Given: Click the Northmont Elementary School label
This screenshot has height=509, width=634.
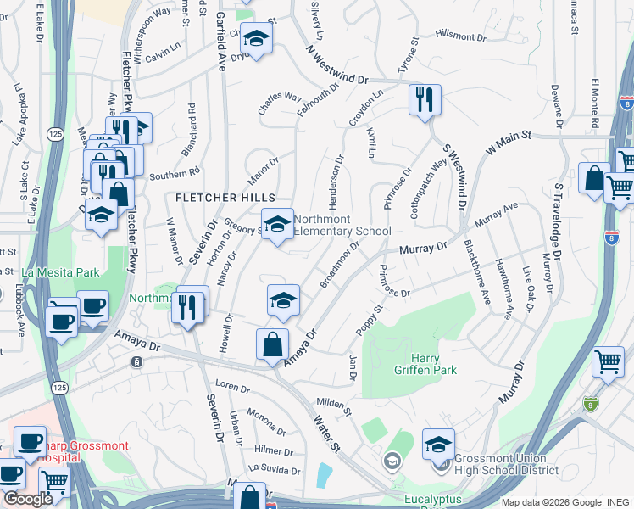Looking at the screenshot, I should pos(342,225).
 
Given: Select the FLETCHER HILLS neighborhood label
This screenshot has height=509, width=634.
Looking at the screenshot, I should pos(216,198).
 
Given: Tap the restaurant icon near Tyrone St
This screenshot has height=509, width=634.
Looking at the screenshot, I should pos(422,99).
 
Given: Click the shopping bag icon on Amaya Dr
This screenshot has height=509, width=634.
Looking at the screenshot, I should pos(271,344).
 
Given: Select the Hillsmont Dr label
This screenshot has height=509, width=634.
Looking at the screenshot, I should pos(461,36).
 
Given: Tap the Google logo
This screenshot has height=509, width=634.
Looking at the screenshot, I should pos(28,499).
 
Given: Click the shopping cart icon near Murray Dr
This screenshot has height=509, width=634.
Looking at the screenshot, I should pos(609,361).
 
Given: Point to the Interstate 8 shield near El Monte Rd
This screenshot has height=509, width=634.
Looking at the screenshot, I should pos(626,103).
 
